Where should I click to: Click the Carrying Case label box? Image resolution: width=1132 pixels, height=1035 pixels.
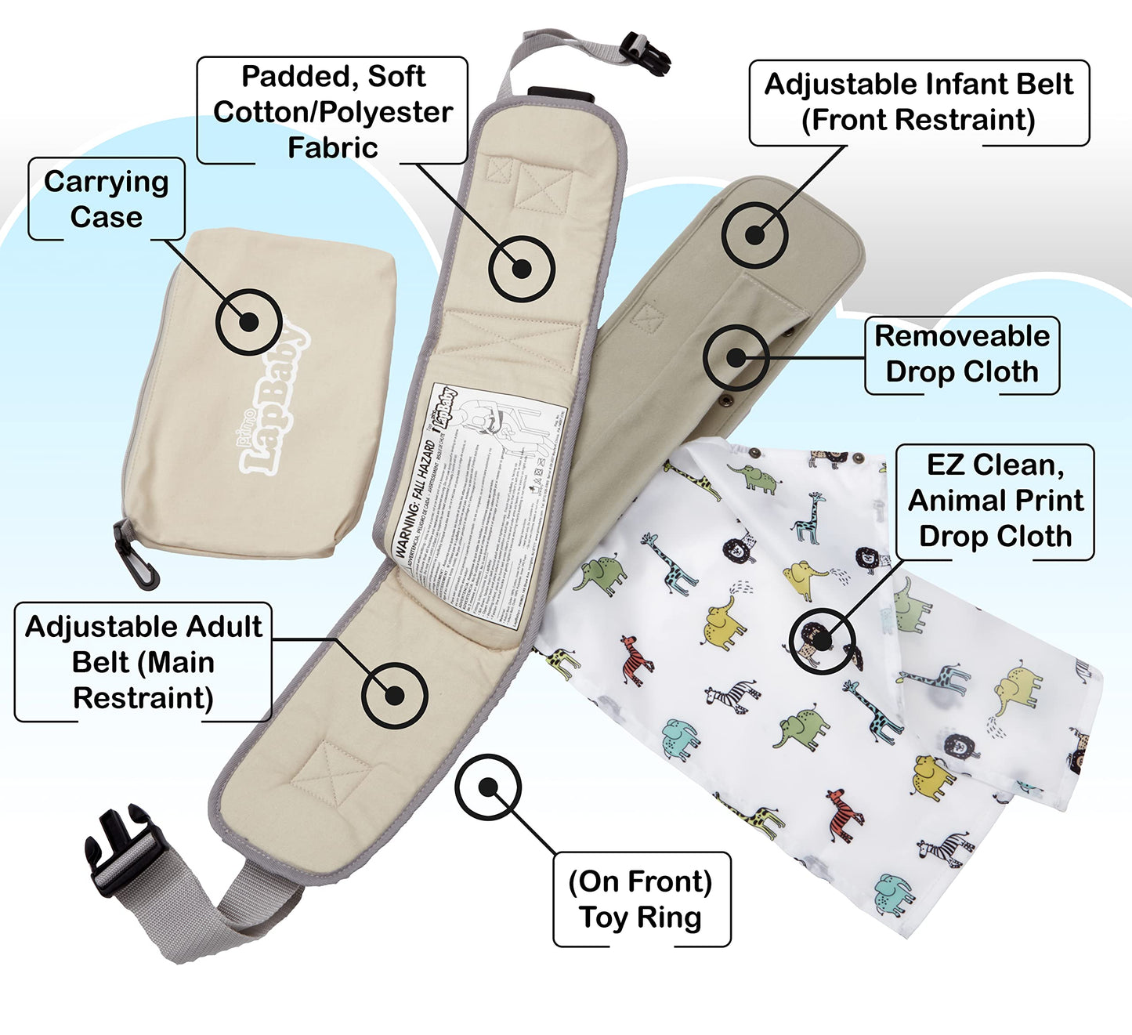[107, 199]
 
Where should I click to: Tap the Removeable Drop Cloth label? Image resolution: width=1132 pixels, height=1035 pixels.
[962, 354]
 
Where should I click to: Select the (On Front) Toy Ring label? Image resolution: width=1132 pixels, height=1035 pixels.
[641, 899]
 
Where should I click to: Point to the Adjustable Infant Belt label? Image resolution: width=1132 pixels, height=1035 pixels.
[918, 102]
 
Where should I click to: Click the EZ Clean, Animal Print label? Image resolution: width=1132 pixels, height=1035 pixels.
[995, 501]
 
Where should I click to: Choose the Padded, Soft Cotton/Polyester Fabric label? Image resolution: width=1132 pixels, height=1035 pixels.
[332, 111]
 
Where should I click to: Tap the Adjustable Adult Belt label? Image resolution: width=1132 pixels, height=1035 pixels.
[143, 662]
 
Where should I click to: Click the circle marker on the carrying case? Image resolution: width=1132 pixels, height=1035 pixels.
[248, 321]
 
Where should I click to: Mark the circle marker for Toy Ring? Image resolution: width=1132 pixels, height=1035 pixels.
[488, 787]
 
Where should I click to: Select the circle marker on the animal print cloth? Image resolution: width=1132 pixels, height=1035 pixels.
[822, 640]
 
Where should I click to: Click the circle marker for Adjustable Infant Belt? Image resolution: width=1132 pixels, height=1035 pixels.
[754, 234]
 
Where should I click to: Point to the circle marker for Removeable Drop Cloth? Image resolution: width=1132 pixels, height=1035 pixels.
[736, 357]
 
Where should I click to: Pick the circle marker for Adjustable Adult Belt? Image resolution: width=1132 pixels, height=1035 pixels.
[394, 694]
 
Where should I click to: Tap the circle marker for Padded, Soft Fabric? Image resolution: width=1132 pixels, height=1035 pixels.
[522, 269]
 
